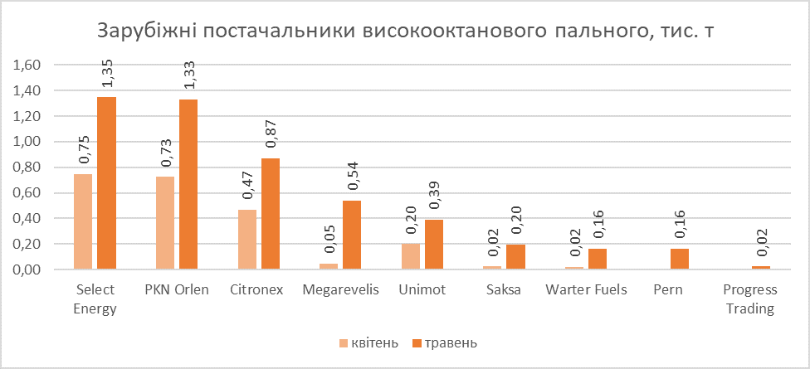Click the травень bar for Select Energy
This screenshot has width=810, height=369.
coord(106,183)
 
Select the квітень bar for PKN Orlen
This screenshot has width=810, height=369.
coord(164,223)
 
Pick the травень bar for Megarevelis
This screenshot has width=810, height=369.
coord(352,235)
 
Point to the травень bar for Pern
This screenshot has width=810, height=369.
coord(680,260)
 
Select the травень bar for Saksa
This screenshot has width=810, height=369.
coord(515,257)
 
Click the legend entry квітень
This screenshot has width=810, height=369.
coord(368,342)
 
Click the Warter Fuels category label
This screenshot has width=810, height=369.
coord(587,290)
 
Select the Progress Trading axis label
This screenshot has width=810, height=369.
coord(749,299)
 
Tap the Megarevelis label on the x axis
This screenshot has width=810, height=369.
coord(340,290)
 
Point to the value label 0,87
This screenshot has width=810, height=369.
coord(271,134)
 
